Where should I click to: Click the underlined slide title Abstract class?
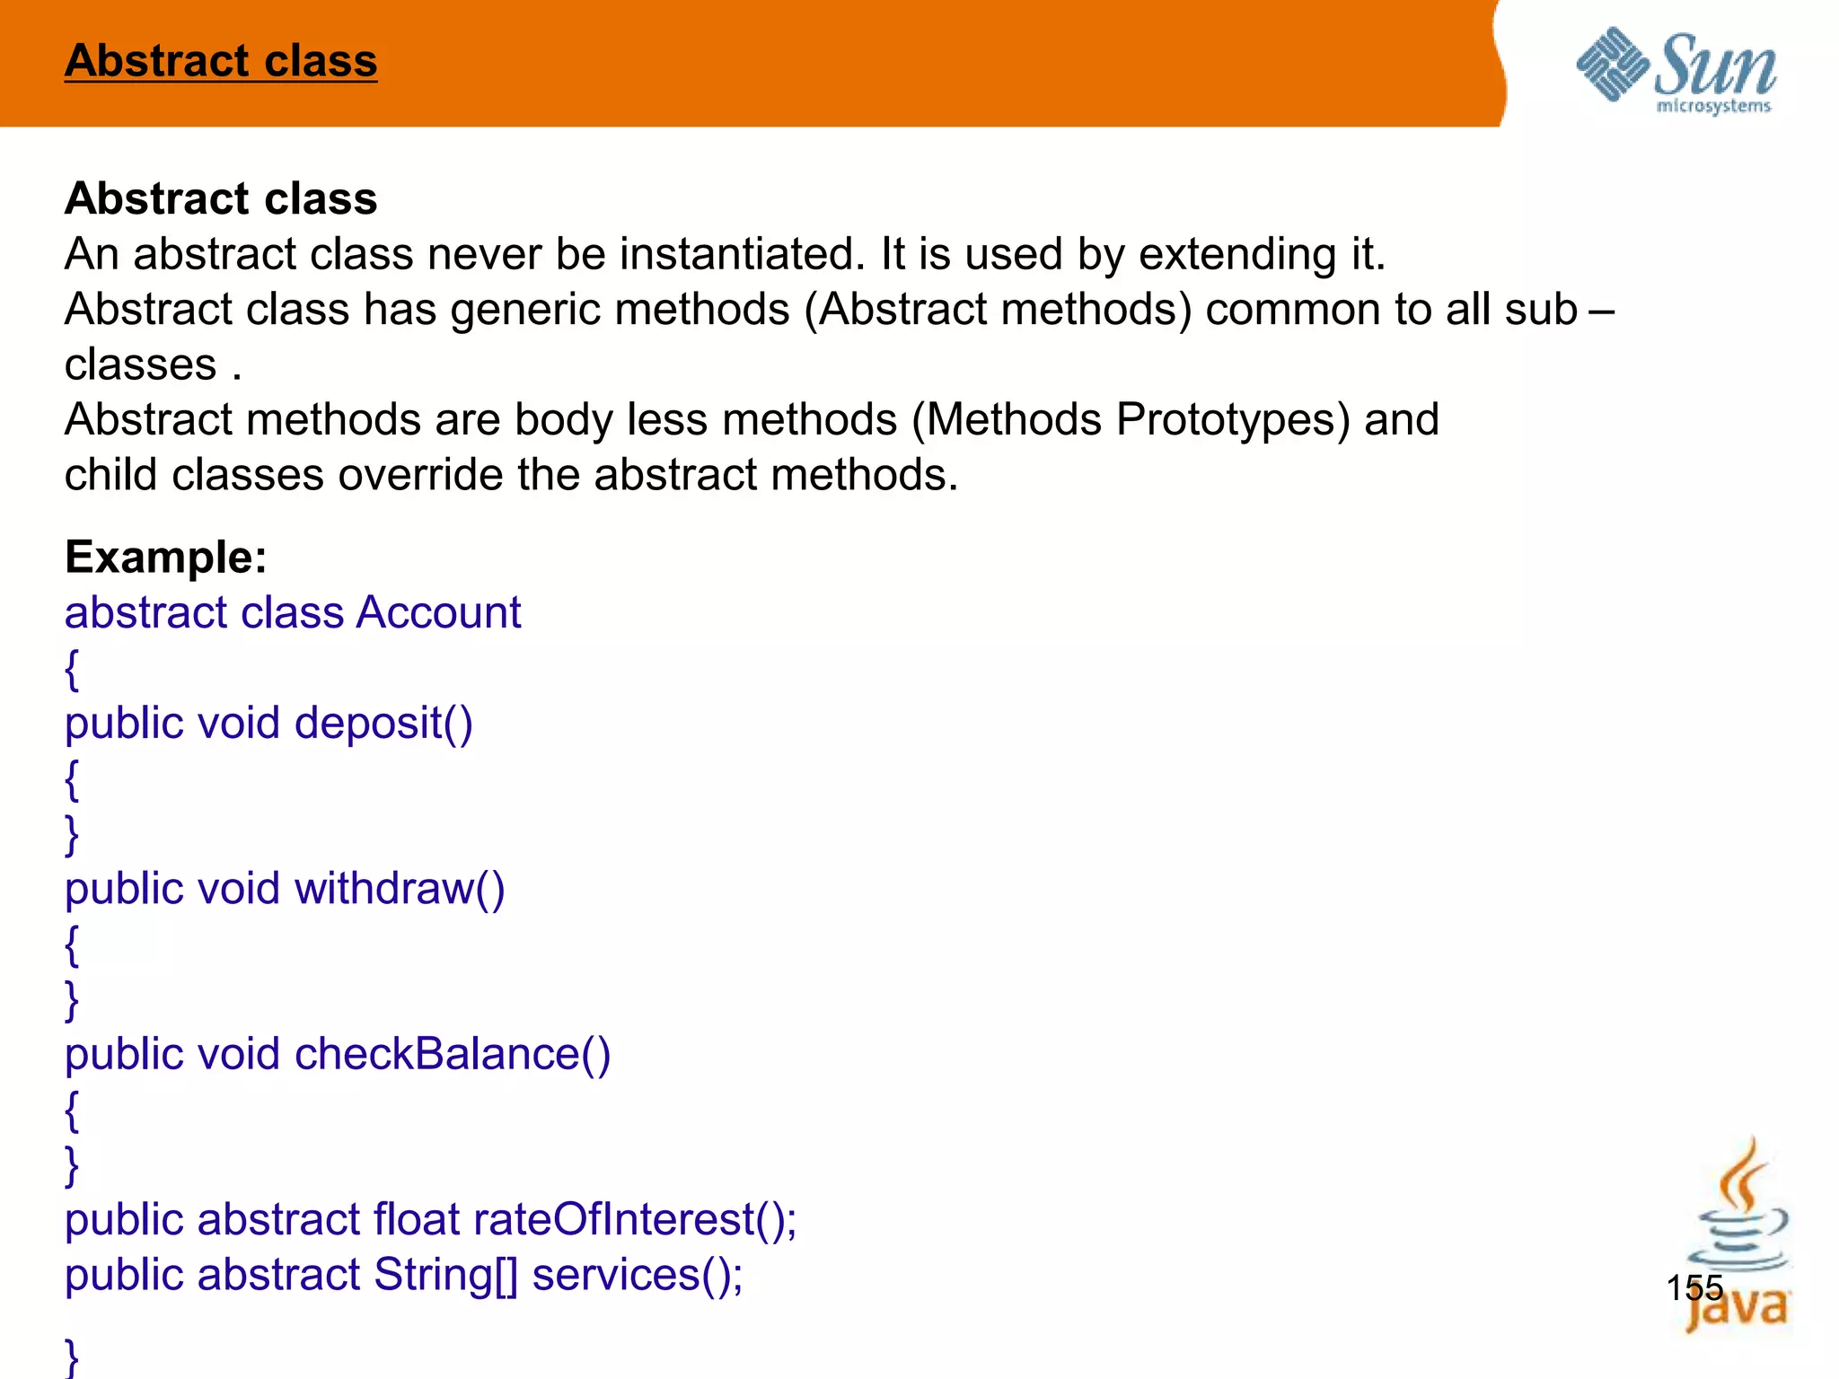(221, 61)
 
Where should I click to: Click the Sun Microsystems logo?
(1676, 70)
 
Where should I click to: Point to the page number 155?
(1694, 1287)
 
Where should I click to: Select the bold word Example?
(166, 558)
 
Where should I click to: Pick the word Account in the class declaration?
(438, 613)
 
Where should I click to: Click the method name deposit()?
(383, 724)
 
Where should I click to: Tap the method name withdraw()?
(400, 889)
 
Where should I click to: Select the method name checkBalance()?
(453, 1054)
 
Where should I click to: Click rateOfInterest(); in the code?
(635, 1219)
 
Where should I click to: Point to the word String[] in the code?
(445, 1275)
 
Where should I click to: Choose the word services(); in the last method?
(638, 1275)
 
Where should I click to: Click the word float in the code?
(417, 1219)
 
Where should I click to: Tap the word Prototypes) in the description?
(1233, 419)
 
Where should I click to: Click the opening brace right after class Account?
(72, 670)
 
